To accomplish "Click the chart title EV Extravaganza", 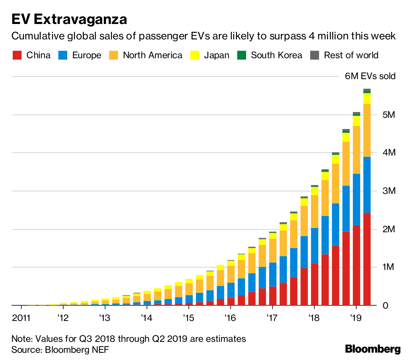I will tap(69, 20).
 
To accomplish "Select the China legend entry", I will tap(32, 55).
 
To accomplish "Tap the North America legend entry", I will tap(146, 55).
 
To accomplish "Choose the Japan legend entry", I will tap(210, 55).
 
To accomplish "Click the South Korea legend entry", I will tap(270, 55).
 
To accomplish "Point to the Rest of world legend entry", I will tap(344, 55).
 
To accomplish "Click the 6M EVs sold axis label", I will tap(370, 76).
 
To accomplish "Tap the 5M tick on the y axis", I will tap(389, 114).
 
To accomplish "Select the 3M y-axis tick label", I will tap(389, 191).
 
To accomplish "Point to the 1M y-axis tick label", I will tap(389, 267).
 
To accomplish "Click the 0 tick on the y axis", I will tap(386, 305).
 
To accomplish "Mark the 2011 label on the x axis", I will tap(21, 318).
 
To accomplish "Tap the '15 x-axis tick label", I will tap(188, 318).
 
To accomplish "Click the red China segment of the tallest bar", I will tap(367, 259).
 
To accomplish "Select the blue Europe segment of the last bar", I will tap(367, 185).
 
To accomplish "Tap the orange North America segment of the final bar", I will tap(367, 130).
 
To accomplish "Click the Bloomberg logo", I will tap(373, 349).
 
